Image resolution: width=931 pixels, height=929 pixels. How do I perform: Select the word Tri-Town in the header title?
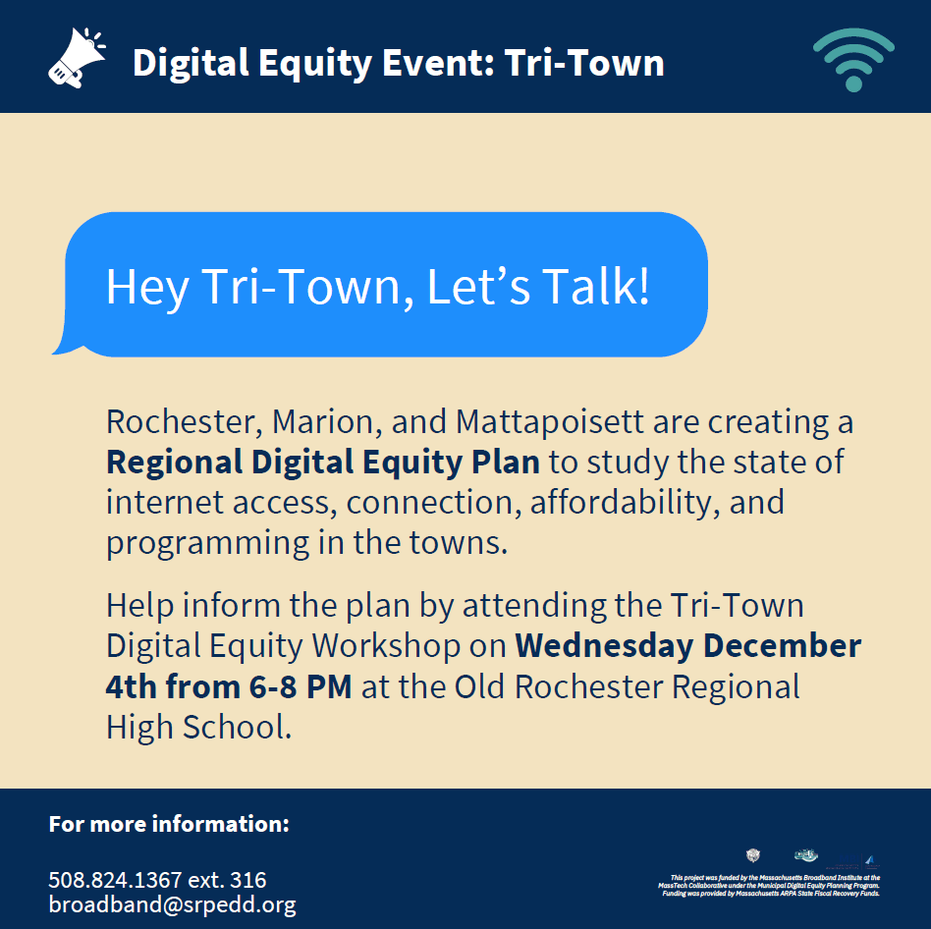point(584,63)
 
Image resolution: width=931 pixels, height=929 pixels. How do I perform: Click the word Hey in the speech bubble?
point(146,287)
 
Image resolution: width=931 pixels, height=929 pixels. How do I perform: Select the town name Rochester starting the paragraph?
point(183,422)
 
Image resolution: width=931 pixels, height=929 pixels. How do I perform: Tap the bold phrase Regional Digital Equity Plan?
point(323,463)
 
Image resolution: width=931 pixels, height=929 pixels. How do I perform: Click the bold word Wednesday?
point(605,646)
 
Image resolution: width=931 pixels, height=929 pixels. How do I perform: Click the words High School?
point(198,727)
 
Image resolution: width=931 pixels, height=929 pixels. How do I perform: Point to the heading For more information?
point(169,823)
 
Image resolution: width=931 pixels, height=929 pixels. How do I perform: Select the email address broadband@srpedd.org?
point(172,904)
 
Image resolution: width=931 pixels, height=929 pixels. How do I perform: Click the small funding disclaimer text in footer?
point(770,885)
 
